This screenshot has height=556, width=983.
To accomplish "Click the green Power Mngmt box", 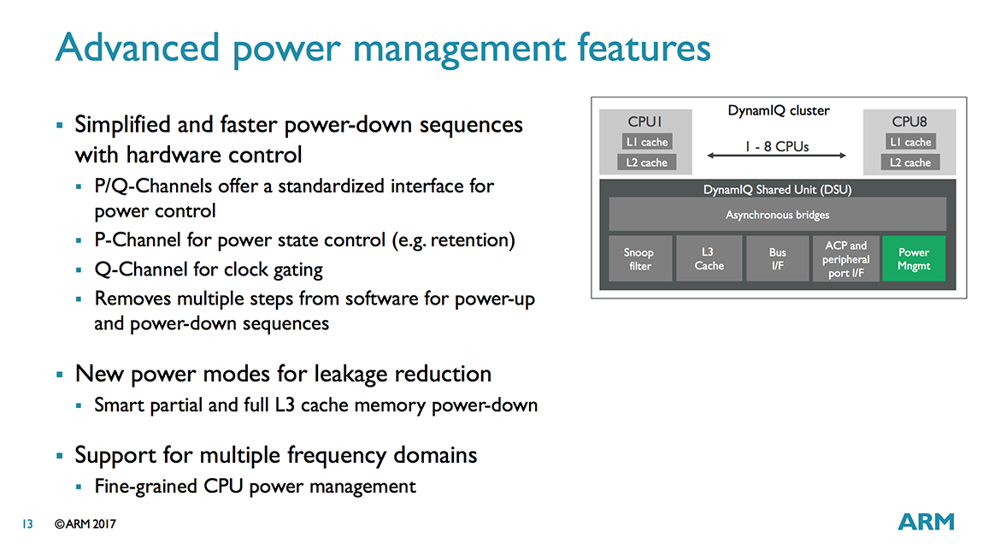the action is (x=914, y=258).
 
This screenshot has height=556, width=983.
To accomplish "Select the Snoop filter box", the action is (x=640, y=258).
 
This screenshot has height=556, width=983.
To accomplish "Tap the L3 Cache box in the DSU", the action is (x=709, y=258).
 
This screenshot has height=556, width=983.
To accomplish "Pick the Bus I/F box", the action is (x=777, y=258).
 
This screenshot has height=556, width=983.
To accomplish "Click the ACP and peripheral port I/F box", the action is (x=845, y=258).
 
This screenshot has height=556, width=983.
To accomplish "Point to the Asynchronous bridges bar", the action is (x=777, y=215).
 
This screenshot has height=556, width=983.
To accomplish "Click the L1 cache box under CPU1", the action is (x=647, y=142).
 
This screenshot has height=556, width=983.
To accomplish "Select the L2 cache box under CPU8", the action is (x=910, y=163).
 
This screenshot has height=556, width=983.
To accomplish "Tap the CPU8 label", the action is (x=909, y=121).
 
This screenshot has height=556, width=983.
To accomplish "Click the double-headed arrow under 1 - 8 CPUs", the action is (x=777, y=156).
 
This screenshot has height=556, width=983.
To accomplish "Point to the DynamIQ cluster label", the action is (x=779, y=110).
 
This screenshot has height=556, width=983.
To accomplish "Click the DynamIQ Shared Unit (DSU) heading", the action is (x=777, y=190).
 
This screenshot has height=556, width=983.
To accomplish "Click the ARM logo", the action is (x=926, y=522).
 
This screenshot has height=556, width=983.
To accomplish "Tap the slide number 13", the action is (x=27, y=524).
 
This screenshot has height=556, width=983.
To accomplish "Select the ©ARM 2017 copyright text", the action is (x=85, y=524).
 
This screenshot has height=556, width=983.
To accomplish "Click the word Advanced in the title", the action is (x=138, y=48).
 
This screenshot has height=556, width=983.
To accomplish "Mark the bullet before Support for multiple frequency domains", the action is (x=60, y=456).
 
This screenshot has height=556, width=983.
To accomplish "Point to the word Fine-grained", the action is (x=145, y=487).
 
